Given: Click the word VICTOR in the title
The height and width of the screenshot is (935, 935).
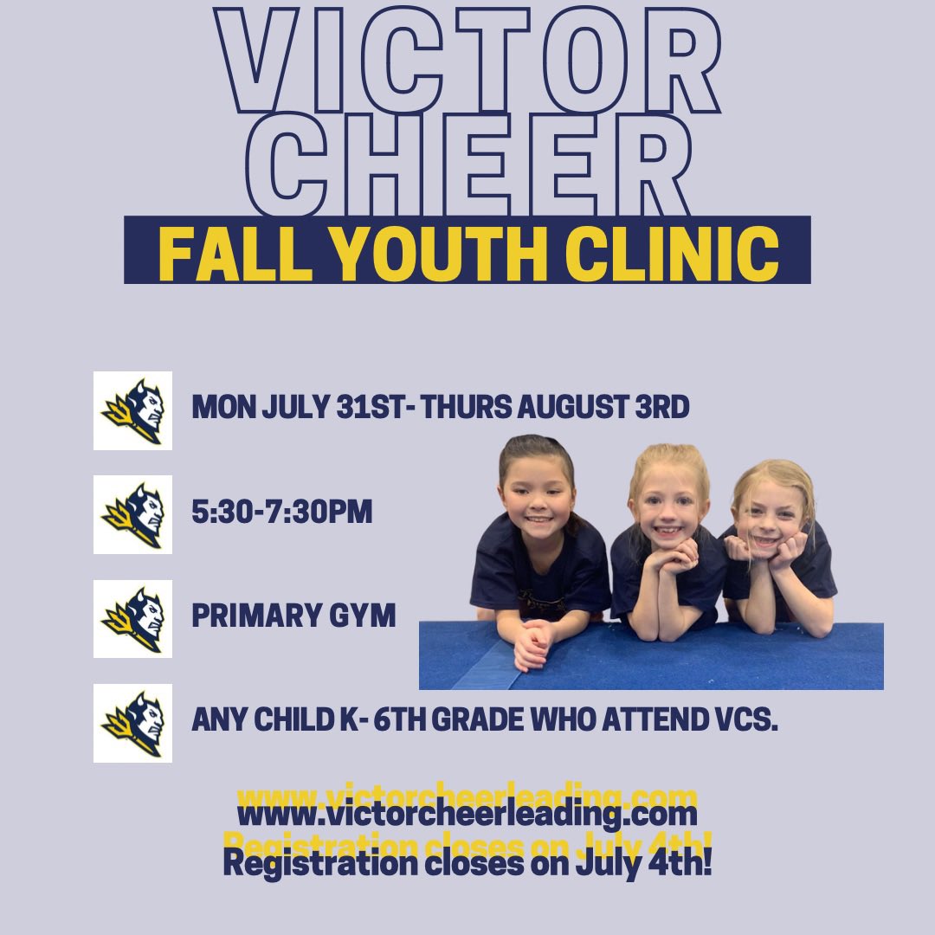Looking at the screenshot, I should tap(468, 62).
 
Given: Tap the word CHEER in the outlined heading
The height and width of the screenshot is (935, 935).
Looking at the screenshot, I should tap(468, 164).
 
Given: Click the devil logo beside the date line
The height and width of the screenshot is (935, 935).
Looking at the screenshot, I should tap(132, 410).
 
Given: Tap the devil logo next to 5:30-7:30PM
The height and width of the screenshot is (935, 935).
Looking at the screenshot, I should tap(132, 514).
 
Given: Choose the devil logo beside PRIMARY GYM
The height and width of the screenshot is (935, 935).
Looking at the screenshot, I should tap(132, 618).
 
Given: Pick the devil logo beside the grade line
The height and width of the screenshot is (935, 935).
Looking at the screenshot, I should tap(132, 723).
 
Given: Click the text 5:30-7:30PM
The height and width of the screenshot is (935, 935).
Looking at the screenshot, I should tap(282, 513).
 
